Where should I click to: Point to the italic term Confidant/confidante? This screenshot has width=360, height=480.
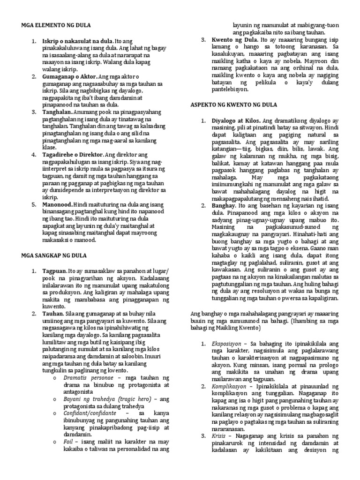point(90,414)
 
